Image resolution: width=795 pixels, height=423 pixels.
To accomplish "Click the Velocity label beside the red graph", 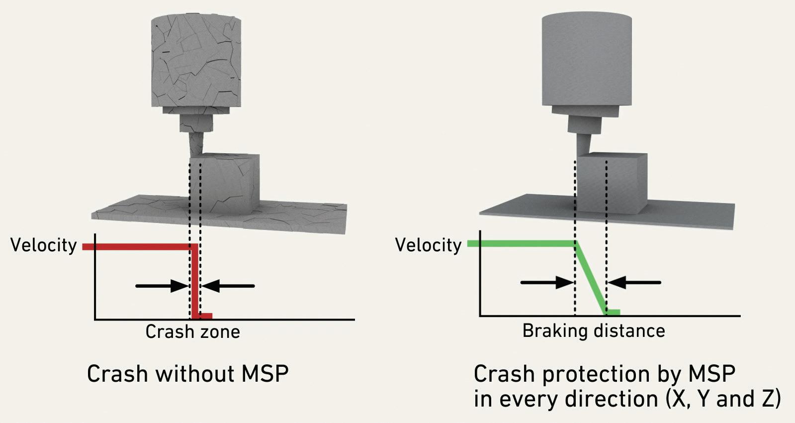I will pos(43,245).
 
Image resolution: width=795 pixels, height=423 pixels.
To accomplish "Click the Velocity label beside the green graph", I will pos(428,245).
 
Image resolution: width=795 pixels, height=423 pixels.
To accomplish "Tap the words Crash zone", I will pos(192,331).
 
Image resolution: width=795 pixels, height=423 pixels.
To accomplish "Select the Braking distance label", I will pos(593,330).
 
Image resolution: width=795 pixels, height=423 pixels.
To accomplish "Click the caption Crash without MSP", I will pos(187,374).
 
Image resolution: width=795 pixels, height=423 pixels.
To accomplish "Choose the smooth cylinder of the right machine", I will pos(587,60).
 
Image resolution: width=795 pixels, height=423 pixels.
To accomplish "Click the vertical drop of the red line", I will pos(195,281).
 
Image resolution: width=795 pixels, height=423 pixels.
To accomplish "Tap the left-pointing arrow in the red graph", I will pos(229,286).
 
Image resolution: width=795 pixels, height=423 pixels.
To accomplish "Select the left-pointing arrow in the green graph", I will pos(634,283).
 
